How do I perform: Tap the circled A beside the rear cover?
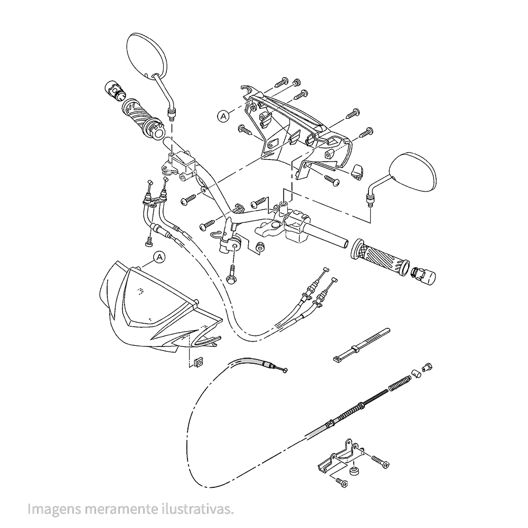[223, 116]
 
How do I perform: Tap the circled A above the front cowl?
[159, 258]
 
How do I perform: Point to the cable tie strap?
[361, 345]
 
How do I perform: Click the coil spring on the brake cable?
[399, 383]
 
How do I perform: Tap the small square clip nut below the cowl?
[198, 363]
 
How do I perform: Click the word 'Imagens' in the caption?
[54, 509]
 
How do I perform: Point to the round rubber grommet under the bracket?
[354, 472]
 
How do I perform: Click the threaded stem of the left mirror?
[172, 115]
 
